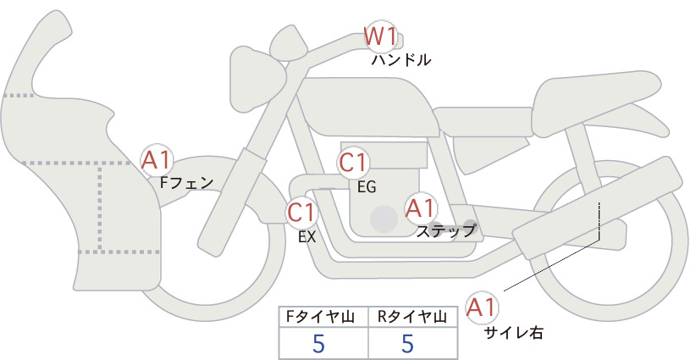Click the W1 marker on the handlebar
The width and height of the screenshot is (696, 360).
[x=380, y=36]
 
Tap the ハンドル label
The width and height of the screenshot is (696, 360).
[x=400, y=60]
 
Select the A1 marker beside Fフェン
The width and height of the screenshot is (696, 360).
[x=157, y=161]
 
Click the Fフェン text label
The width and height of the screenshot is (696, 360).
[x=186, y=183]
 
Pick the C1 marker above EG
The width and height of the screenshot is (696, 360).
[x=353, y=163]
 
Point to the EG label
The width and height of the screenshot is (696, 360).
[x=367, y=187]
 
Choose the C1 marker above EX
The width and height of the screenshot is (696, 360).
[x=302, y=212]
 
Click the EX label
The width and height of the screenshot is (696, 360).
[x=307, y=237]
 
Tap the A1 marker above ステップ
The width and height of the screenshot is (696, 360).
[x=420, y=208]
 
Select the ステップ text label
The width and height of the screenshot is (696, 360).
[x=445, y=231]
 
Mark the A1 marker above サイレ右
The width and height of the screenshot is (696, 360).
[x=482, y=307]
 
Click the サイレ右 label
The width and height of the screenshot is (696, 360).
[x=514, y=332]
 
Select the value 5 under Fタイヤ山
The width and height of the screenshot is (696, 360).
[x=318, y=343]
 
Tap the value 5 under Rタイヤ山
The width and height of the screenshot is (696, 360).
[x=407, y=343]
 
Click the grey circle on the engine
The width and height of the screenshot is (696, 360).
[x=384, y=219]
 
